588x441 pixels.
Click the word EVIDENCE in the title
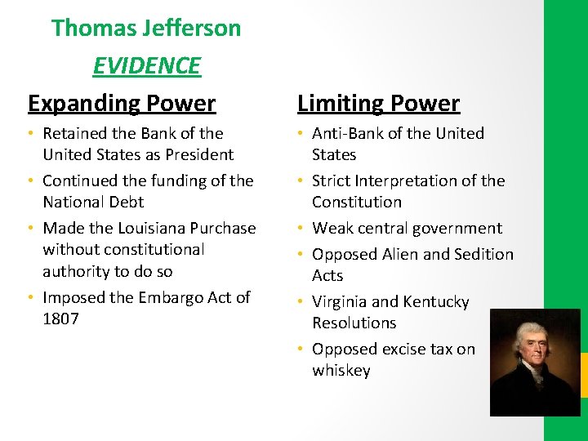[146, 65]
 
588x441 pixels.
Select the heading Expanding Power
[122, 104]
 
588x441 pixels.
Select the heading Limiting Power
[378, 104]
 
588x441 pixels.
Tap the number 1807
[60, 318]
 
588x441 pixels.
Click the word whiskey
[341, 370]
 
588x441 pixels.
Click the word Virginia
[344, 301]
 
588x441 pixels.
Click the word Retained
[75, 133]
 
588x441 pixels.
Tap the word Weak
[332, 228]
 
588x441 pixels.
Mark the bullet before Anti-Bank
[301, 133]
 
